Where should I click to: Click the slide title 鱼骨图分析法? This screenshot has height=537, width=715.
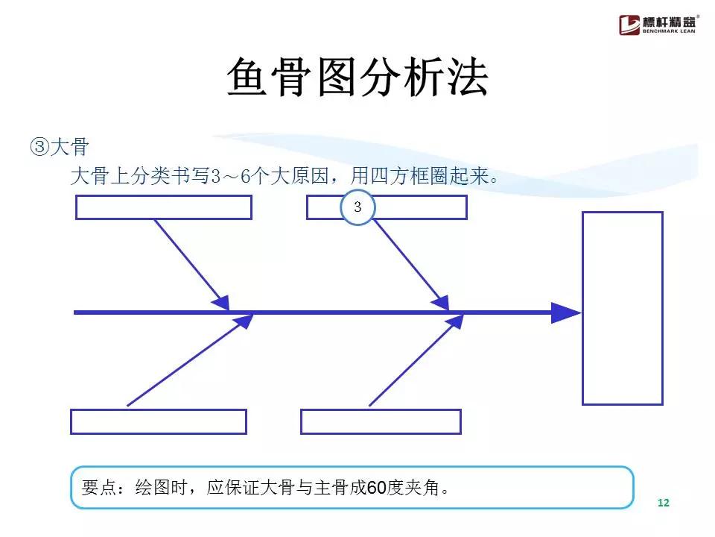[x=357, y=77]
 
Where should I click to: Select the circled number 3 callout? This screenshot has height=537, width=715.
[x=357, y=207]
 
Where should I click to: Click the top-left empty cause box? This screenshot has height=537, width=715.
[x=164, y=207]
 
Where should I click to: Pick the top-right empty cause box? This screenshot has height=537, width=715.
[x=417, y=207]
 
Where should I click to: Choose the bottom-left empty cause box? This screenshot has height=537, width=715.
[x=159, y=421]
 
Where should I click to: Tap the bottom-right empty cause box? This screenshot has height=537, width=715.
[x=381, y=421]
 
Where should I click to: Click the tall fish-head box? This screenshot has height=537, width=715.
[x=622, y=308]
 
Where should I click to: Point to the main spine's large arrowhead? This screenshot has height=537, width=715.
[x=566, y=313]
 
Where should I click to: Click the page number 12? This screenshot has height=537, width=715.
[x=664, y=503]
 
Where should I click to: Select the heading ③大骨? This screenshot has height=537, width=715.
[x=60, y=146]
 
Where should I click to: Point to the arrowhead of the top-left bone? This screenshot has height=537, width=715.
[x=220, y=302]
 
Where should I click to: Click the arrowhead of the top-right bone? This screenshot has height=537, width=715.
[x=441, y=302]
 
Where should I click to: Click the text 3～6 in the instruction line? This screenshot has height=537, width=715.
[x=228, y=177]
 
